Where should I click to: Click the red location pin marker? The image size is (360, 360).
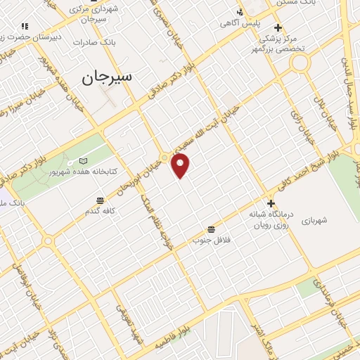click(181, 165)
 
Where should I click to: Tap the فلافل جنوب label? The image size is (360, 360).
click(212, 240)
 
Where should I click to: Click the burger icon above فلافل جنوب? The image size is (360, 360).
click(212, 230)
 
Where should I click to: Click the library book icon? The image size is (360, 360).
click(84, 161)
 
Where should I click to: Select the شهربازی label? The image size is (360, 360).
click(314, 221)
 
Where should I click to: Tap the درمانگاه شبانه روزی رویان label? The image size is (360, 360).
click(271, 217)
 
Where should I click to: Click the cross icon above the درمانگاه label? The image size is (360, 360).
click(271, 202)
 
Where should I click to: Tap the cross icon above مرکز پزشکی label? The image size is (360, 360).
click(278, 28)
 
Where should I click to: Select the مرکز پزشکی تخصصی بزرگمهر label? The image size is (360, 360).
click(279, 44)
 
